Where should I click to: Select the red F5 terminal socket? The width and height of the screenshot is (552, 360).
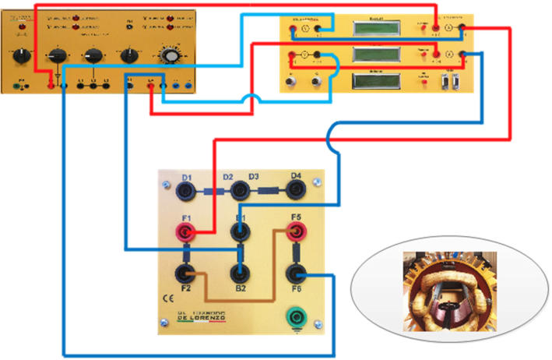296,231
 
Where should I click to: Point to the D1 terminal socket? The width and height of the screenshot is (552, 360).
188,189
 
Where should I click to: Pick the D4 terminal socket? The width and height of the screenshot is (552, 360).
296,189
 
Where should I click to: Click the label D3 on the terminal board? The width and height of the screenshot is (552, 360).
254,178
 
